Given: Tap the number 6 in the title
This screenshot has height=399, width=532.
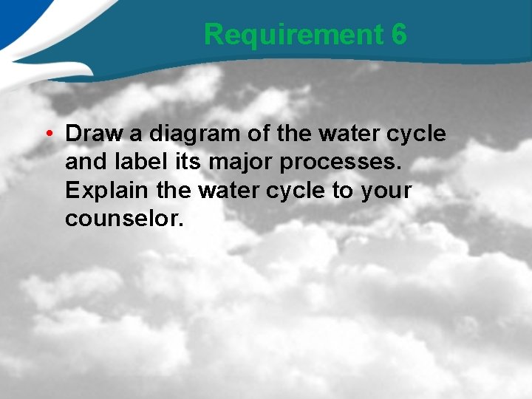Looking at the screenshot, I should point(399,34).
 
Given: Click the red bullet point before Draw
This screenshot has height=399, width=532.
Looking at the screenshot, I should point(47,134).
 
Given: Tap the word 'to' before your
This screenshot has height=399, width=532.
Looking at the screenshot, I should point(342,191).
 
